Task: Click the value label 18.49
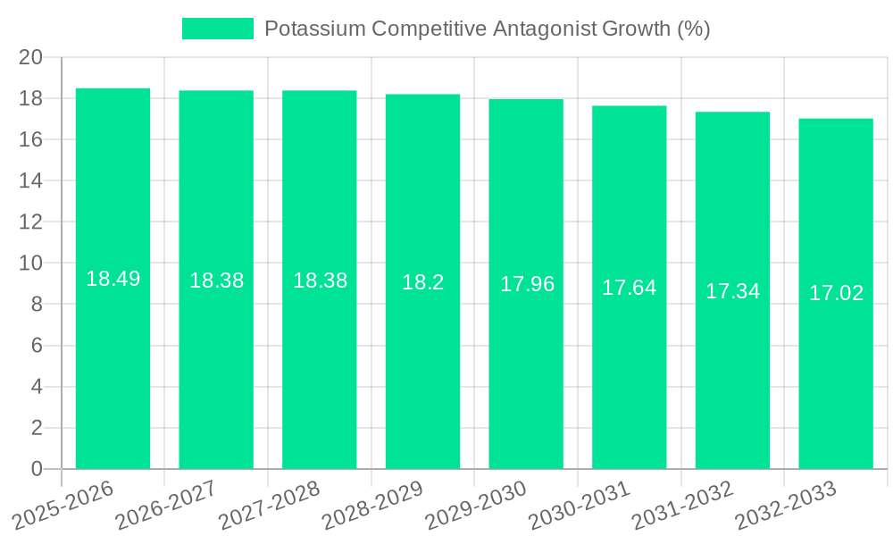tap(113, 279)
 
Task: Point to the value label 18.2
tap(422, 282)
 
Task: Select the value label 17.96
tap(527, 284)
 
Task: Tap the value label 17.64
tap(629, 288)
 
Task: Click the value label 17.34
tap(732, 291)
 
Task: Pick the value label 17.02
tap(836, 293)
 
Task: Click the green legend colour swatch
tap(218, 29)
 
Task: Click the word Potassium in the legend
tap(315, 29)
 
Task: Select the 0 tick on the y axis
tap(37, 469)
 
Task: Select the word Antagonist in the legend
tap(546, 29)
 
